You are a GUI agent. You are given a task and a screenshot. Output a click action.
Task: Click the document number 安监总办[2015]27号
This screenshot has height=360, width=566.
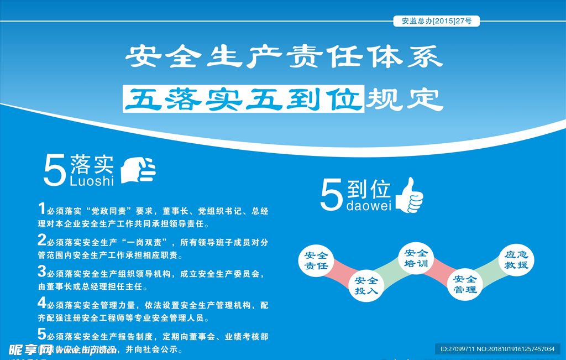pyautogui.click(x=436, y=22)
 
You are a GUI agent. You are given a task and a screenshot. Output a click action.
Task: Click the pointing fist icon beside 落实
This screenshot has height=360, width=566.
pyautogui.click(x=138, y=169)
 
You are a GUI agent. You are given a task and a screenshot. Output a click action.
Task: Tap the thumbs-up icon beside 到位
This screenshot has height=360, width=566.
pyautogui.click(x=410, y=195)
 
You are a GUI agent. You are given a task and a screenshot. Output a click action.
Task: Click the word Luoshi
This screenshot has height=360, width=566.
pyautogui.click(x=92, y=181)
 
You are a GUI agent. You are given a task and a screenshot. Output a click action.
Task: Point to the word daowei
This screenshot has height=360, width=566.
pyautogui.click(x=368, y=206)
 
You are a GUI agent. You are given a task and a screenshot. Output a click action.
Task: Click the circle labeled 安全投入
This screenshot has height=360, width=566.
pyautogui.click(x=366, y=285)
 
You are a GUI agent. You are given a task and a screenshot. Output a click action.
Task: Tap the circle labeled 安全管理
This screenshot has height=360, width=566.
pyautogui.click(x=465, y=284)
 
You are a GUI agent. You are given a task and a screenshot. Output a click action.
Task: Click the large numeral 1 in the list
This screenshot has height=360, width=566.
pyautogui.click(x=41, y=208)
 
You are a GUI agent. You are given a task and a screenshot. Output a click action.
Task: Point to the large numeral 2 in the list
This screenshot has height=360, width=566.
pyautogui.click(x=42, y=239)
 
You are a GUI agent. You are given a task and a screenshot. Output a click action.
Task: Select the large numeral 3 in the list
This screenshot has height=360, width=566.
pyautogui.click(x=42, y=271)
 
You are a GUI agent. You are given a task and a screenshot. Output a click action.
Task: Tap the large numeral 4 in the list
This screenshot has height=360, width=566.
pyautogui.click(x=42, y=302)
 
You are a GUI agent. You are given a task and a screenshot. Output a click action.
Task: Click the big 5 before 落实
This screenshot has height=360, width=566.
pyautogui.click(x=55, y=171)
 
